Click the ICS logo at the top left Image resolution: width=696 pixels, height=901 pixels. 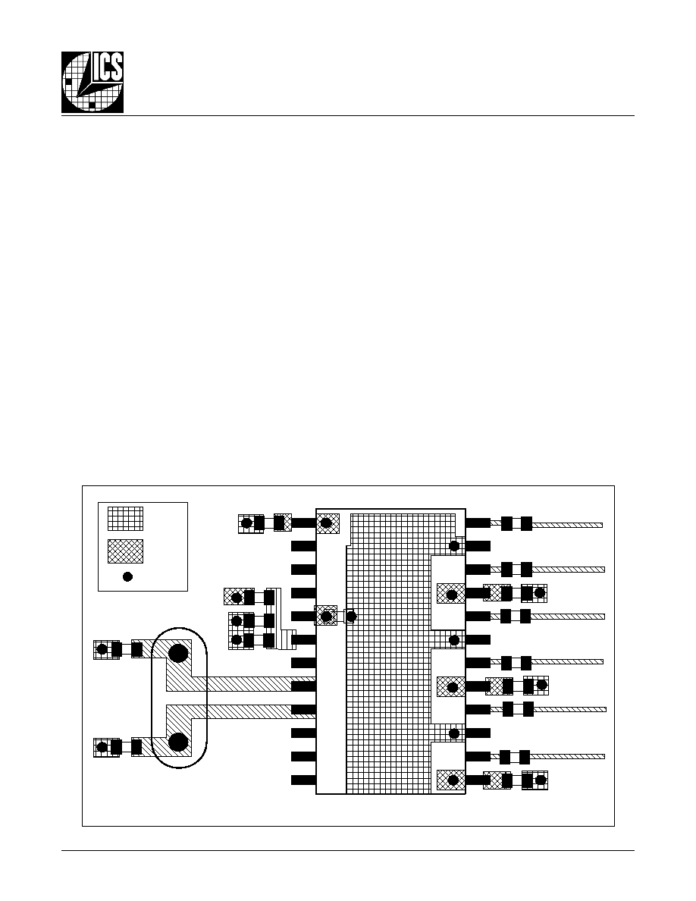coord(92,82)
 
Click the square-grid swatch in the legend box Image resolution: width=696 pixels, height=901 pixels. coord(126,518)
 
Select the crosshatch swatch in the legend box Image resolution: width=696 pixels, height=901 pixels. coord(126,551)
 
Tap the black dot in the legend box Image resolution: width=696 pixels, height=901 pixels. coord(128,576)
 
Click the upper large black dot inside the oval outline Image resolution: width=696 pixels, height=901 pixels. coord(178,653)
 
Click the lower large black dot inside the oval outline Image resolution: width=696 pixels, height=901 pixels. coord(178,742)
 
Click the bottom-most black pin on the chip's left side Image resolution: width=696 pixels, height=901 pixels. coord(303,780)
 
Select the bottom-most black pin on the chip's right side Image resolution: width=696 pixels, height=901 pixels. coord(478,780)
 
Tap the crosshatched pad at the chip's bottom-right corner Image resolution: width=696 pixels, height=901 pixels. coord(451,780)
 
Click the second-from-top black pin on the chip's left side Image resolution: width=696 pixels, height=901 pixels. coord(303,546)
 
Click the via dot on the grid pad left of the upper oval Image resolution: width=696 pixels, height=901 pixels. coord(102,649)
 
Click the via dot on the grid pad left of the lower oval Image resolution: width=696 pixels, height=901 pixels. coord(102,748)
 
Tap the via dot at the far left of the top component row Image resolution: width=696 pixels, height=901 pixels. coord(246,523)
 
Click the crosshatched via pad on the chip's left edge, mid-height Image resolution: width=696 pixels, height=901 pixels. coord(325,616)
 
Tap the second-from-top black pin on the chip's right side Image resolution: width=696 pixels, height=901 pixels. coord(478,546)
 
